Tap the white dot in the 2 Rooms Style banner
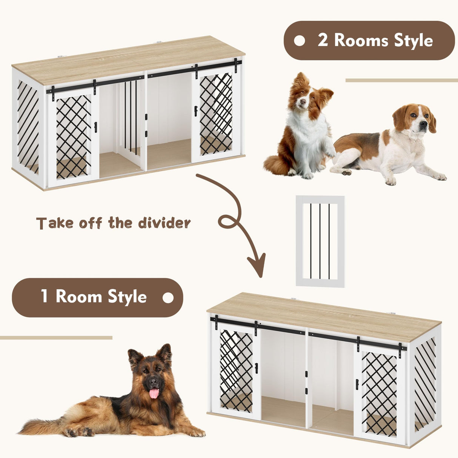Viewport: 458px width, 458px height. (299, 41)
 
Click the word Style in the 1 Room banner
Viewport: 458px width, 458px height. (127, 297)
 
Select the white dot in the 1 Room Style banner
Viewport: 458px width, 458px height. (168, 298)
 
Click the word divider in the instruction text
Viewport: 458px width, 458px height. (164, 223)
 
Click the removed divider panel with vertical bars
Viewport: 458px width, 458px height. (320, 241)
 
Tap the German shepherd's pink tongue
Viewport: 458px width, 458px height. (154, 393)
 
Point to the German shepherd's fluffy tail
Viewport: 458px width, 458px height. (41, 426)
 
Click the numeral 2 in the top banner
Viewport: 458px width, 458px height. (323, 40)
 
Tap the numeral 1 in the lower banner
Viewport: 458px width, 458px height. (45, 297)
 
